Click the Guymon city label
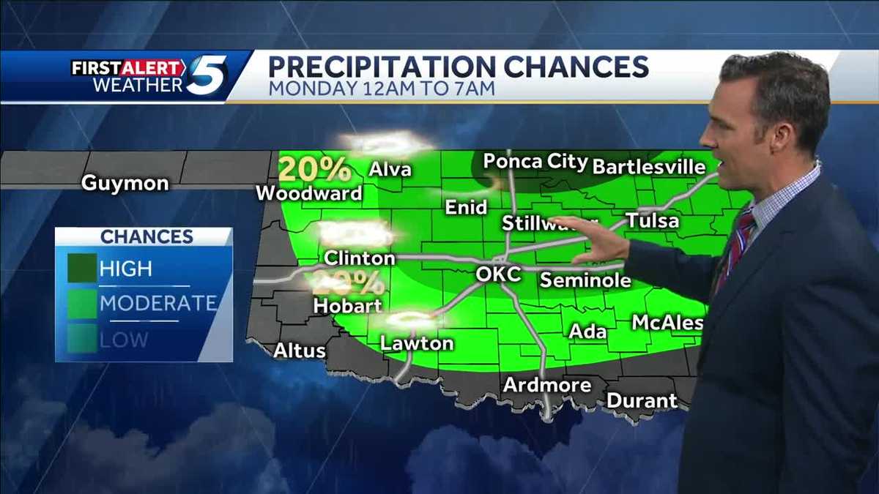click(x=125, y=182)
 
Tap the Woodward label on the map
click(x=309, y=193)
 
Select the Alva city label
click(x=390, y=170)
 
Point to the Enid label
click(x=466, y=207)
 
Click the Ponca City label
click(x=535, y=162)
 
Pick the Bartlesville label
click(x=648, y=166)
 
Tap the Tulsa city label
click(x=652, y=220)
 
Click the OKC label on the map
click(x=498, y=274)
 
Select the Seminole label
click(x=585, y=280)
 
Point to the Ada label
click(x=587, y=331)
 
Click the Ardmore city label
click(x=547, y=384)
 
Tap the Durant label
click(x=642, y=400)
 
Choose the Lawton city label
click(x=417, y=343)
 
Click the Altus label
click(x=299, y=351)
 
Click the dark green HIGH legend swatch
click(x=82, y=268)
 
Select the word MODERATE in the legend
click(x=158, y=303)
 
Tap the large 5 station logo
click(x=207, y=75)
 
